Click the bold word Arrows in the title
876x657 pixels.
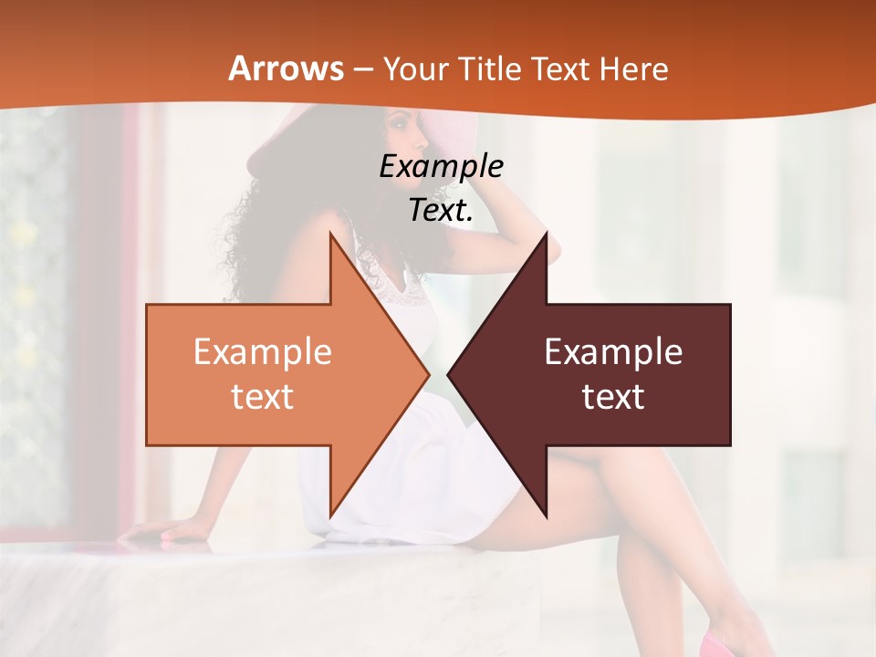click(286, 68)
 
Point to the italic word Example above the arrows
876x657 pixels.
click(441, 166)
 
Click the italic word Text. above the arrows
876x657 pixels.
click(441, 210)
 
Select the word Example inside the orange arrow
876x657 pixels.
click(263, 351)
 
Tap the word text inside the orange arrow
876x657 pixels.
click(263, 397)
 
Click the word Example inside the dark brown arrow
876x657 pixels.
click(613, 351)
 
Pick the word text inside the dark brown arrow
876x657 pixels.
click(613, 397)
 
